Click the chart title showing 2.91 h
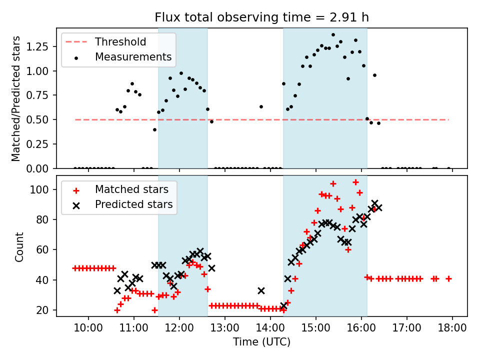tap(261, 17)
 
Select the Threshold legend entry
tap(106, 41)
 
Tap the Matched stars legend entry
tap(120, 189)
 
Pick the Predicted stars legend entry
tap(122, 204)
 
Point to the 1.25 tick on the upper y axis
tap(37, 46)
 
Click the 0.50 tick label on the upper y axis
tap(37, 119)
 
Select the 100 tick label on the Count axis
tap(39, 189)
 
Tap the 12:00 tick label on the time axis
tap(179, 327)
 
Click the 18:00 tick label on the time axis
tap(452, 327)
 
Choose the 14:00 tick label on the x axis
tap(270, 327)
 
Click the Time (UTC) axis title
tap(261, 341)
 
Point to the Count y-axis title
tap(19, 246)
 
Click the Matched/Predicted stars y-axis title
tap(15, 98)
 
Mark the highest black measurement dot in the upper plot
tap(333, 35)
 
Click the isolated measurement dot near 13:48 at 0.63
tap(261, 107)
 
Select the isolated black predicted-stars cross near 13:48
tap(261, 290)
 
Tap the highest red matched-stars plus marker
tap(355, 182)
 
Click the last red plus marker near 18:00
tap(448, 279)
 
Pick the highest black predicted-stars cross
tap(374, 203)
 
